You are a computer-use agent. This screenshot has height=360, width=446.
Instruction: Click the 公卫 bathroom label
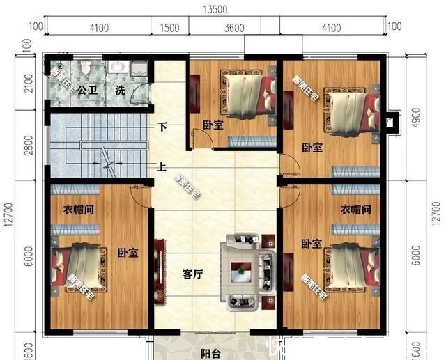[x=86, y=91]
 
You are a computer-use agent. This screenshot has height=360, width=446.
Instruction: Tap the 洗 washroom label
[x=121, y=91]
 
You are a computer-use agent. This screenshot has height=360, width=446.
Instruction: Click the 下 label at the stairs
[x=162, y=127]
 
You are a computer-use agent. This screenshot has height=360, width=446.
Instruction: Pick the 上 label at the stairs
[x=162, y=167]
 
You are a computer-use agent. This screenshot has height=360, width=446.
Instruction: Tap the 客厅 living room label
[x=192, y=274]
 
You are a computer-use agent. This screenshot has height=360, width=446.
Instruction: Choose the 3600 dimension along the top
[x=233, y=28]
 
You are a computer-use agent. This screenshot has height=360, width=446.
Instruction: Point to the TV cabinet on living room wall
[x=160, y=270]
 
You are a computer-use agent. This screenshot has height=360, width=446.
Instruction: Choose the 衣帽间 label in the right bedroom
[x=355, y=209]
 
